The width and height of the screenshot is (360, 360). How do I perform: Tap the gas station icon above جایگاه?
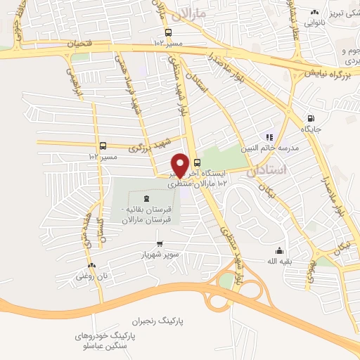pyautogui.click(x=311, y=117)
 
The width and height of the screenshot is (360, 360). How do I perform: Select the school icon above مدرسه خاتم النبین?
pyautogui.click(x=268, y=136)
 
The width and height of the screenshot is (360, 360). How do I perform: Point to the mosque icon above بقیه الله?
pyautogui.click(x=279, y=250)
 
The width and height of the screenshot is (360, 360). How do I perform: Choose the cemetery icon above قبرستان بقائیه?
pyautogui.click(x=146, y=198)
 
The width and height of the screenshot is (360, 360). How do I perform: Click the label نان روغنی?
pyautogui.click(x=93, y=276)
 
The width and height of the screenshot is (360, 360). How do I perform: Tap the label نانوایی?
pyautogui.click(x=314, y=22)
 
